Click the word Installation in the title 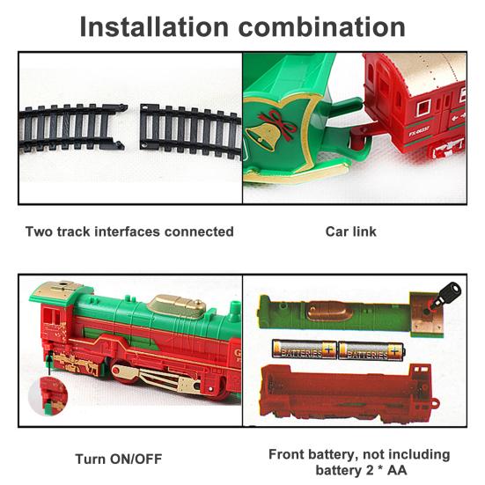tap(154, 27)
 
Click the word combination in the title tap(321, 27)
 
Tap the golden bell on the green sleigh tap(263, 136)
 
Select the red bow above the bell tap(277, 123)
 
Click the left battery tap(305, 349)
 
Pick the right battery tap(371, 350)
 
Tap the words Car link tap(350, 231)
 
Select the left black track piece tap(73, 128)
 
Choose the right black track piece tap(190, 130)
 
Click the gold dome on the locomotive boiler tap(177, 305)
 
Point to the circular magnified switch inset tap(48, 395)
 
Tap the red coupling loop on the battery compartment tap(435, 403)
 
